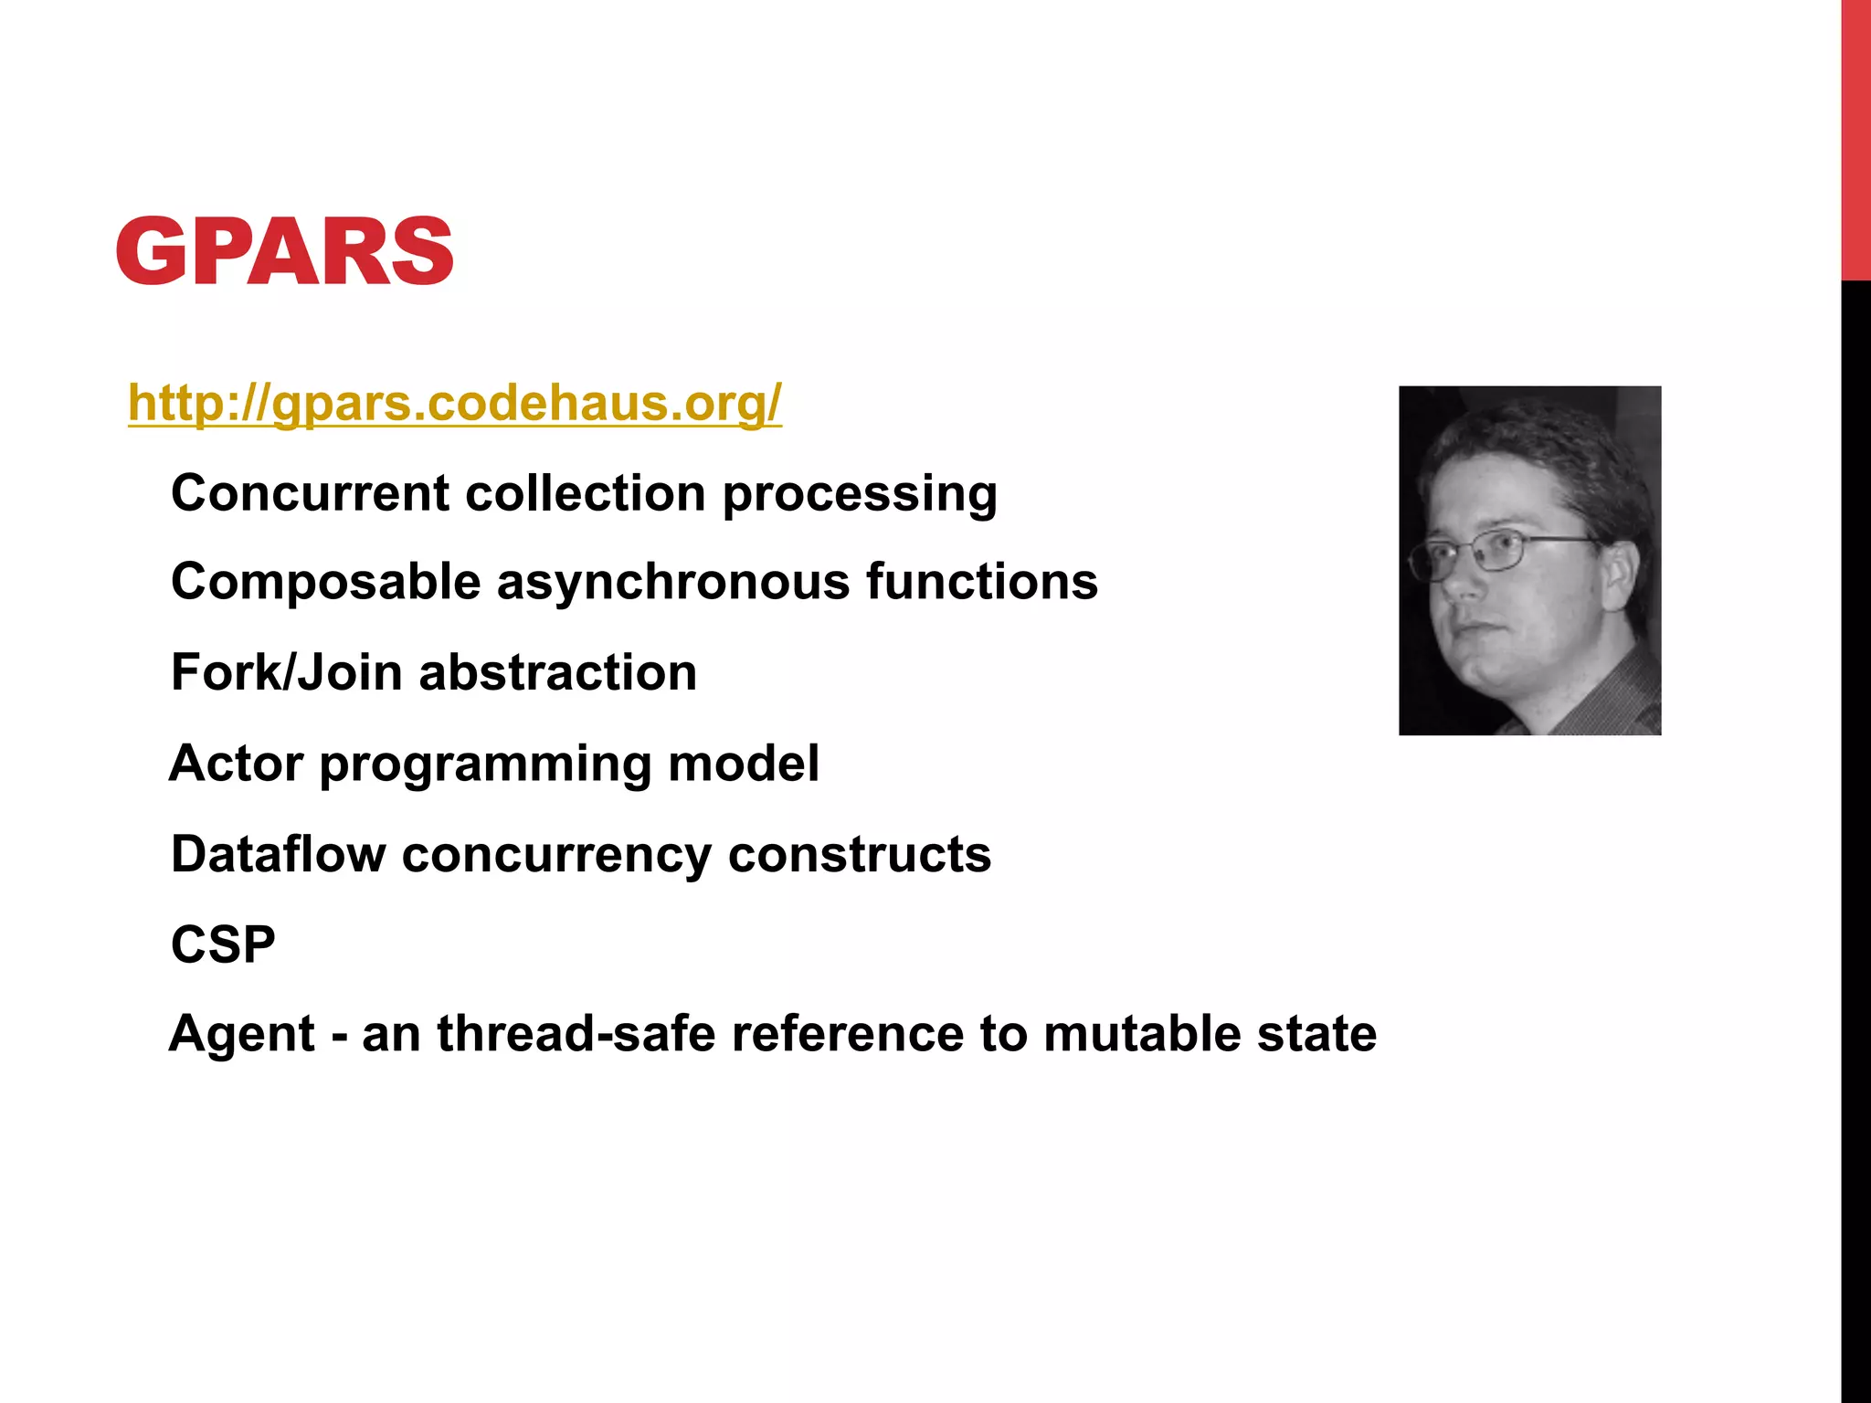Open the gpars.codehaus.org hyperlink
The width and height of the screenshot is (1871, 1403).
[x=455, y=403]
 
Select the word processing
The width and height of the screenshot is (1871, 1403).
[x=860, y=495]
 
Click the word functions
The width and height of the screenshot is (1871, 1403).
[x=982, y=581]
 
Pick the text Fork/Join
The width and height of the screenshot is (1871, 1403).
[x=286, y=673]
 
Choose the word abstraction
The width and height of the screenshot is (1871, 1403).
[x=557, y=672]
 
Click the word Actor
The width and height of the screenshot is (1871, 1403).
[x=236, y=763]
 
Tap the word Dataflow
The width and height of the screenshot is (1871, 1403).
[x=278, y=854]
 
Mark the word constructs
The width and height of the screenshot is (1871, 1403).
[x=860, y=854]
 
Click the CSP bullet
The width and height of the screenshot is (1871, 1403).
[x=223, y=944]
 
